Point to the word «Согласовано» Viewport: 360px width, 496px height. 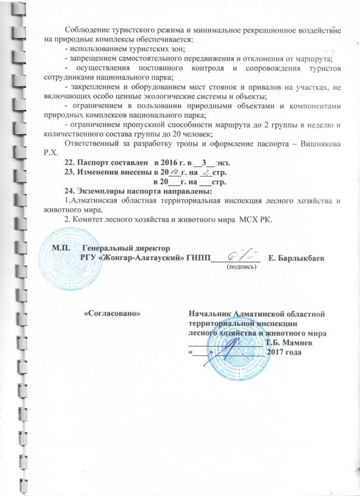point(112,313)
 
